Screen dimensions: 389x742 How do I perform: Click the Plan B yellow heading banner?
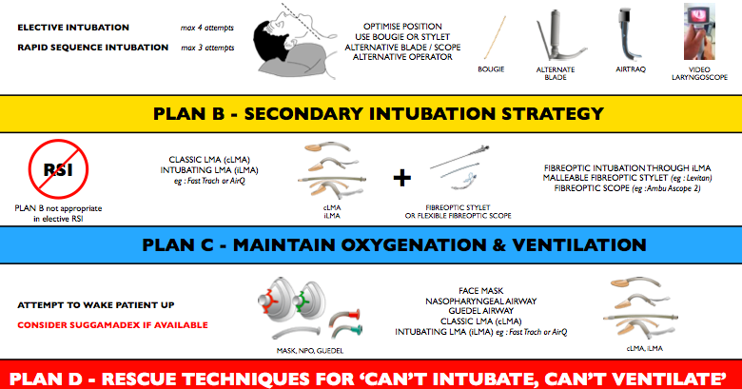pos(371,113)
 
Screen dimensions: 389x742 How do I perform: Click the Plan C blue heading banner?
pos(371,244)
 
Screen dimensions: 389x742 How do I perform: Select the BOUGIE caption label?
pos(491,69)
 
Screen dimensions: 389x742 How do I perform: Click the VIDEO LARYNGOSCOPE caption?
pos(702,74)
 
